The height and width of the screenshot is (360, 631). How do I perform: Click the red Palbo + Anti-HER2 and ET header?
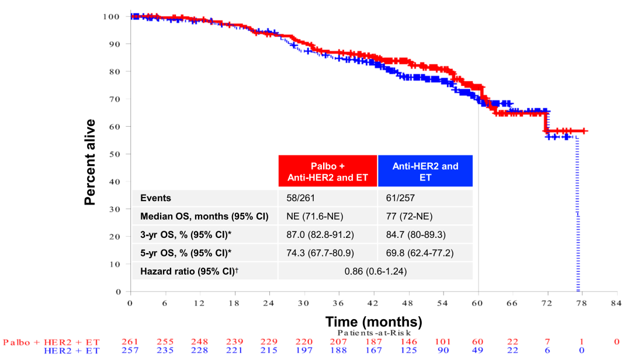[x=328, y=171]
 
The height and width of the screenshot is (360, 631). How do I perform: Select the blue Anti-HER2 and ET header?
[x=425, y=171]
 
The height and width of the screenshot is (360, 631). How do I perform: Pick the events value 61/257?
[x=400, y=198]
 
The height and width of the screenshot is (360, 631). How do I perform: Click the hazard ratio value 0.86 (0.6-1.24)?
[x=375, y=271]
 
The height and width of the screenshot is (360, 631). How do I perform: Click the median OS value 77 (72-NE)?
[x=409, y=216]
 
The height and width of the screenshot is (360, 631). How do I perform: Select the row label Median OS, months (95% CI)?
[x=204, y=216]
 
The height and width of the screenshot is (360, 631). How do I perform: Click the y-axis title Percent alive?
[x=90, y=162]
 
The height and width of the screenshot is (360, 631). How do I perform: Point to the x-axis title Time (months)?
[x=373, y=321]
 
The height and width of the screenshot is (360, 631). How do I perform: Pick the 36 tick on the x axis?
[x=339, y=303]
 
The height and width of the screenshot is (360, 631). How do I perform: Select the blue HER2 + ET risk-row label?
[x=72, y=351]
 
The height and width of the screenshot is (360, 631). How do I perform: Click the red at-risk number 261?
[x=130, y=342]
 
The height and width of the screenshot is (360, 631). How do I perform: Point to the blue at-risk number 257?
[x=130, y=351]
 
